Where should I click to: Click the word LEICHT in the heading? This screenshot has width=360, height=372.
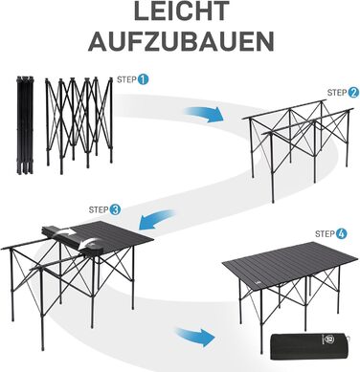tap(181, 11)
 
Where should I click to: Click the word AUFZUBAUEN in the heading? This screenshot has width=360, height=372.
tap(181, 40)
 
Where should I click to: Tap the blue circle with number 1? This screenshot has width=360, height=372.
tap(143, 79)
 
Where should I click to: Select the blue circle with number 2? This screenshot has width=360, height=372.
tap(352, 93)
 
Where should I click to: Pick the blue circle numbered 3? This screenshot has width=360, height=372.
tap(115, 209)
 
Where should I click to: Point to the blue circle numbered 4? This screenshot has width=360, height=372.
tap(341, 233)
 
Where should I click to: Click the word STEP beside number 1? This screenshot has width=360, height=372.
tap(126, 79)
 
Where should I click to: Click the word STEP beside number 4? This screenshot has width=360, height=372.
tap(325, 234)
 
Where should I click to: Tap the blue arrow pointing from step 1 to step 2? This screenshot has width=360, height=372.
tap(204, 114)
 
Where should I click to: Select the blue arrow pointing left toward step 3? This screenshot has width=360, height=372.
tap(158, 220)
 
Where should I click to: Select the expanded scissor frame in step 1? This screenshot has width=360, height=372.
tap(79, 125)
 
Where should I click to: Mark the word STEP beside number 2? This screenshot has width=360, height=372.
tap(337, 93)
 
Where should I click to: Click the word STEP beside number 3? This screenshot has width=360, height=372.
tap(99, 210)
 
